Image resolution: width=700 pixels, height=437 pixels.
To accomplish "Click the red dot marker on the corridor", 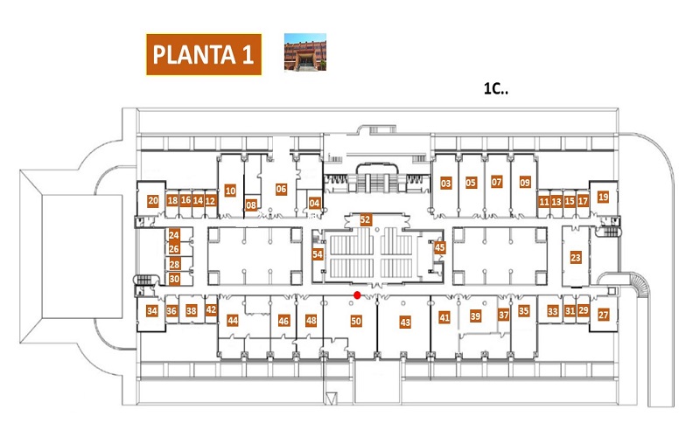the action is coord(357,295).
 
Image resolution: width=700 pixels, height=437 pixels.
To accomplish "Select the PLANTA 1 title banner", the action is coord(204,54).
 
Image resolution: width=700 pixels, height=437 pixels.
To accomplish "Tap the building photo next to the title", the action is coord(305,52).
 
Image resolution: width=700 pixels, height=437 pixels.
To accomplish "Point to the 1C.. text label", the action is coord(496,88).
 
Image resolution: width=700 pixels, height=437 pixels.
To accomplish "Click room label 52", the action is coord(366,219).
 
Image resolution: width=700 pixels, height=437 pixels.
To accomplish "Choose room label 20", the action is coord(153,201).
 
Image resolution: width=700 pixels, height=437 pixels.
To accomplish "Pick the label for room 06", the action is coord(281,189).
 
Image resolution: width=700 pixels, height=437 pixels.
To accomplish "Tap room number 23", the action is coord(576,257).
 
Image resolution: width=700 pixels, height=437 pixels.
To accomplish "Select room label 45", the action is coord(440,247).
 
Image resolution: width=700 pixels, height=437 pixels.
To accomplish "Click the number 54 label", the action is coord(318,254).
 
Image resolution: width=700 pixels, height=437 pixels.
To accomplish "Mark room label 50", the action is coord(356,321).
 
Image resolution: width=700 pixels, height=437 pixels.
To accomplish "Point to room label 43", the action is coord(405,322).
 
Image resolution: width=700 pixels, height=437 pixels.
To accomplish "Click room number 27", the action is coord(604,315).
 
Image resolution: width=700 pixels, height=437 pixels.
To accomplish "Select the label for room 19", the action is coord(603,197).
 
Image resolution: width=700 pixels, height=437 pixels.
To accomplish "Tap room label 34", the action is coord(152,311).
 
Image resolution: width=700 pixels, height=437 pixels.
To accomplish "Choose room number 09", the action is coord(525,183).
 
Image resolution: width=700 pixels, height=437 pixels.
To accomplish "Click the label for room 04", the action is coord(314,204).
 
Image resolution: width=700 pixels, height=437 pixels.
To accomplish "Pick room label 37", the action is coord(504,315).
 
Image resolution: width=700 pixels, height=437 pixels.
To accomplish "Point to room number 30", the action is coord(174,279).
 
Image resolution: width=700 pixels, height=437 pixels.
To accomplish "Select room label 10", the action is coord(230,191).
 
